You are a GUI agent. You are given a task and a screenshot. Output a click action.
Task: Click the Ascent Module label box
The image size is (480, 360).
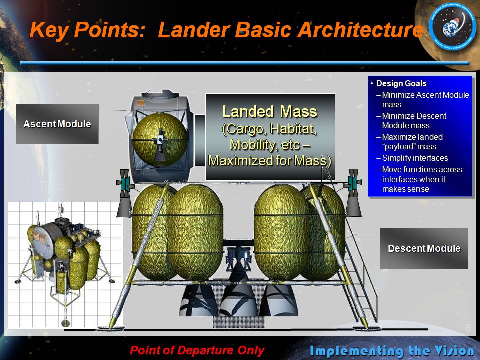coord(57,124)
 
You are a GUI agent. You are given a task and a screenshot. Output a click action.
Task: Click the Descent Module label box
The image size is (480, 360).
coord(424,248)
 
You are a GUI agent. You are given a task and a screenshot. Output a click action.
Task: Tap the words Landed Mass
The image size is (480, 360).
coord(269,111)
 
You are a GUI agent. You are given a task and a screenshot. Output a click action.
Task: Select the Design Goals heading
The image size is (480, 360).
coord(401,83)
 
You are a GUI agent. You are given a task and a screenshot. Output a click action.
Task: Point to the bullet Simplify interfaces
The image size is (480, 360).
coord(415,158)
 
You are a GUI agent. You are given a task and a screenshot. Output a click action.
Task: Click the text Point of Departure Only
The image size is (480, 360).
coord(197,350)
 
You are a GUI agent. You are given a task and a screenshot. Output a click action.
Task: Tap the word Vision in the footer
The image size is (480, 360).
coord(455,351)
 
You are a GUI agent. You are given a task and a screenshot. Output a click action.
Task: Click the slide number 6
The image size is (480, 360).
coord(468,328)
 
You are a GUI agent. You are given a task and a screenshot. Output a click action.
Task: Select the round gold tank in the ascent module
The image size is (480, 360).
coord(160,140)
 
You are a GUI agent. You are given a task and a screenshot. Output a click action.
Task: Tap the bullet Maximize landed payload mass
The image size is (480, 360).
coord(412,141)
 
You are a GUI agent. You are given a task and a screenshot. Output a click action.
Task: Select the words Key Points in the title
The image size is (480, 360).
coord(87,30)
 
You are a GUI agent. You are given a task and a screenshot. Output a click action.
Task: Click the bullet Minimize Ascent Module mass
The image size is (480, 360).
coord(425,100)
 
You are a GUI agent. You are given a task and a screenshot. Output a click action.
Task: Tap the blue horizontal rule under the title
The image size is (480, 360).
coord(244,63)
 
